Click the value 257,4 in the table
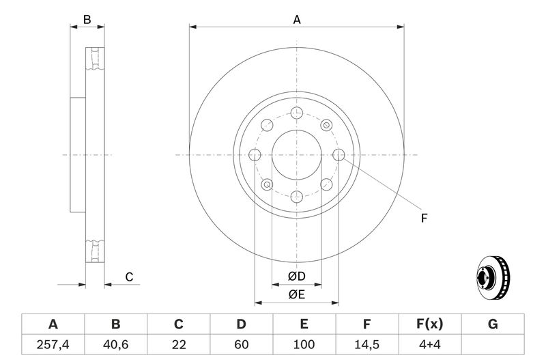pyautogui.click(x=53, y=344)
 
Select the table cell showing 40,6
pyautogui.click(x=115, y=344)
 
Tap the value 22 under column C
pyautogui.click(x=179, y=344)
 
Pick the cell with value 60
pyautogui.click(x=241, y=344)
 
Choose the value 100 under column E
pyautogui.click(x=304, y=344)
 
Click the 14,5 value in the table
pyautogui.click(x=367, y=344)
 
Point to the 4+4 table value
pyautogui.click(x=430, y=344)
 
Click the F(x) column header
pyautogui.click(x=430, y=324)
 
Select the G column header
pyautogui.click(x=493, y=324)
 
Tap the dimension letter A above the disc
pyautogui.click(x=297, y=20)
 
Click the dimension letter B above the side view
pyautogui.click(x=87, y=20)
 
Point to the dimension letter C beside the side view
pyautogui.click(x=128, y=277)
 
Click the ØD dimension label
pyautogui.click(x=296, y=277)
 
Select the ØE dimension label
pyautogui.click(x=296, y=294)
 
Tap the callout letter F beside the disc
pyautogui.click(x=423, y=219)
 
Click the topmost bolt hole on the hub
pyautogui.click(x=296, y=113)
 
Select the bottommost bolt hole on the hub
pyautogui.click(x=296, y=197)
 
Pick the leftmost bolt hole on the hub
pyautogui.click(x=255, y=155)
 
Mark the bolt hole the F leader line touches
pyautogui.click(x=339, y=154)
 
